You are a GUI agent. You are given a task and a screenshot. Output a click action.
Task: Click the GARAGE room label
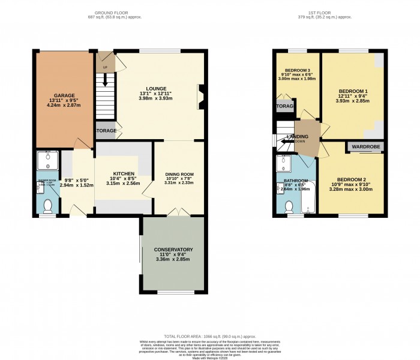pos(64,95)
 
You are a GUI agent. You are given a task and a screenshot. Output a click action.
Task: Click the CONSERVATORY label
pos(173,249)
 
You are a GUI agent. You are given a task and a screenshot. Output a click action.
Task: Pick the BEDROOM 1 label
pos(353,91)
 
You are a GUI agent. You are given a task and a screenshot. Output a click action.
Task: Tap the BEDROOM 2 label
pos(351,179)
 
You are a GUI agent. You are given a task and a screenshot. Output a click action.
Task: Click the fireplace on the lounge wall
pos(201,97)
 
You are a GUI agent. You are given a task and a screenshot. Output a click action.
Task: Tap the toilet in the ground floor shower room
pos(48,206)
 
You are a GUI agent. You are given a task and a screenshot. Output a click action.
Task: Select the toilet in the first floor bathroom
pos(289,206)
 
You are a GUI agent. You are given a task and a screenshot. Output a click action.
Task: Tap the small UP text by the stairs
pos(106,67)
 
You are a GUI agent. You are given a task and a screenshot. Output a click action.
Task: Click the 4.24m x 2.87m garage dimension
pos(64,106)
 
